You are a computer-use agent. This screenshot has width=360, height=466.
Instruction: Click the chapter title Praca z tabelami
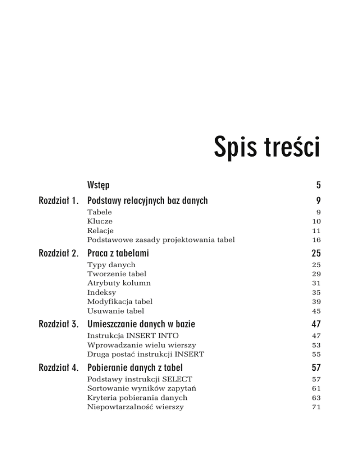[118, 254]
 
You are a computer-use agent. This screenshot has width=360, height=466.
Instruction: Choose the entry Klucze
[99, 221]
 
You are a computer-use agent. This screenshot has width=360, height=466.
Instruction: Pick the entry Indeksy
[102, 292]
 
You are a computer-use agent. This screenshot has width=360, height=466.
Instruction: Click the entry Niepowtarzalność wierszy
[135, 407]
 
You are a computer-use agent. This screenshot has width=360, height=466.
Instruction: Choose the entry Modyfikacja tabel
[120, 301]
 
